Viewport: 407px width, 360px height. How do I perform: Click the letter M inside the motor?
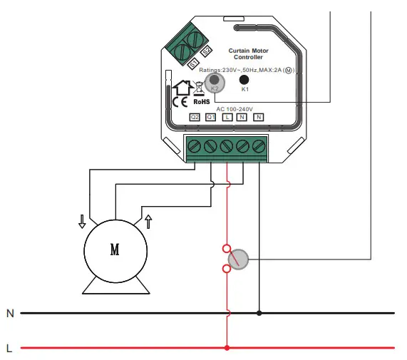[115, 250]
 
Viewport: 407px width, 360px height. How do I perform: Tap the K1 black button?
[244, 81]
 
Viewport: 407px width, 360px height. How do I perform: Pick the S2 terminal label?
[205, 53]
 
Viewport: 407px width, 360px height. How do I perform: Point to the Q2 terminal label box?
[195, 117]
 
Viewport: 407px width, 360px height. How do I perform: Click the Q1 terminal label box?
[211, 117]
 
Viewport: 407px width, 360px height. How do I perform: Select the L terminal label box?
[227, 117]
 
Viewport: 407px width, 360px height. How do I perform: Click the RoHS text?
[202, 103]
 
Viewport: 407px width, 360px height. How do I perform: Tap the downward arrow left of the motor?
[82, 220]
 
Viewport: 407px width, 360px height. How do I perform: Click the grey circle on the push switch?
[241, 259]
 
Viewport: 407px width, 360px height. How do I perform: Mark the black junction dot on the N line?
[258, 312]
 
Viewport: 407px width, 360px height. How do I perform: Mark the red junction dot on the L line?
[227, 348]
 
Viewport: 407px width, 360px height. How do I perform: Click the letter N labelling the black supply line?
[10, 313]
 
